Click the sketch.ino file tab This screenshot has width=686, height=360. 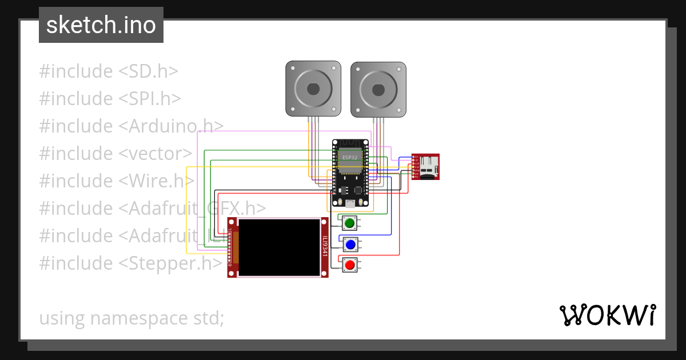(x=101, y=25)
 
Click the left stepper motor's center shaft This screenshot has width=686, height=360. (x=313, y=89)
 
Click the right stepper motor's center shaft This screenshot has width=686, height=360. (x=378, y=89)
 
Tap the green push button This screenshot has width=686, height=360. (x=350, y=222)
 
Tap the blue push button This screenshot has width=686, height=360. (x=350, y=245)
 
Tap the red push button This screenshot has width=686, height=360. (x=350, y=265)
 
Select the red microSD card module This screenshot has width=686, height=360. (x=426, y=167)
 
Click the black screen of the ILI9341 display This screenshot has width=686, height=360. (x=279, y=247)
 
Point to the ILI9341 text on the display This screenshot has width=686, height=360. (x=324, y=247)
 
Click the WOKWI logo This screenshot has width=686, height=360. (x=607, y=315)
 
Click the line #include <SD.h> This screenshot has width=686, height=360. (x=109, y=71)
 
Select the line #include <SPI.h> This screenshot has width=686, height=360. (x=110, y=99)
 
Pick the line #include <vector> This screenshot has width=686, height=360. (x=116, y=154)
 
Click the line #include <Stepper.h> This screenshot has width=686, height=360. (x=130, y=263)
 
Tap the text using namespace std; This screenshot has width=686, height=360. (x=131, y=318)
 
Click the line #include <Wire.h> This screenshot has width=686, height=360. (x=117, y=181)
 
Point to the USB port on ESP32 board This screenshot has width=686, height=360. (x=350, y=203)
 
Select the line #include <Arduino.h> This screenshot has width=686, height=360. (x=131, y=126)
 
